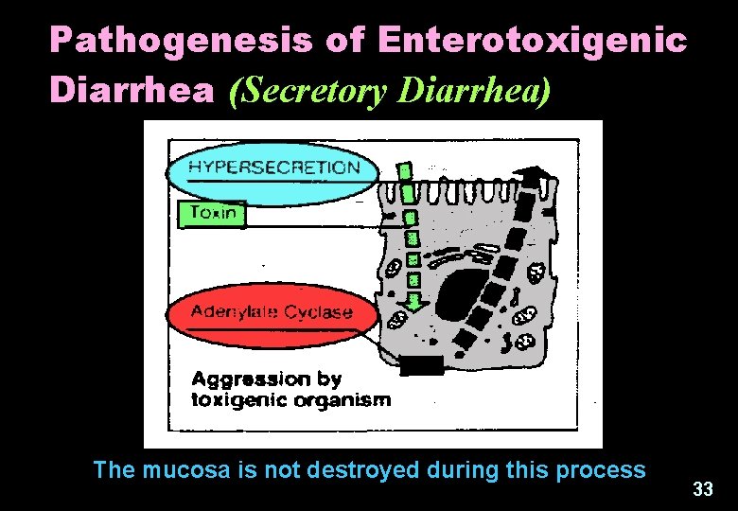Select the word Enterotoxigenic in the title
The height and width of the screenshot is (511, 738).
[x=532, y=40]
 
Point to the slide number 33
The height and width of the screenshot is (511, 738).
[x=702, y=489]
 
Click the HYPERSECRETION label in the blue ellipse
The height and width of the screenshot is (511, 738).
[x=274, y=167]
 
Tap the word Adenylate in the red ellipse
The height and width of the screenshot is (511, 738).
[x=237, y=311]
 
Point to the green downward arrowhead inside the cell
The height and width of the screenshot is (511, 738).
[x=413, y=303]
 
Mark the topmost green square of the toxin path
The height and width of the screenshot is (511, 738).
[x=405, y=172]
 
